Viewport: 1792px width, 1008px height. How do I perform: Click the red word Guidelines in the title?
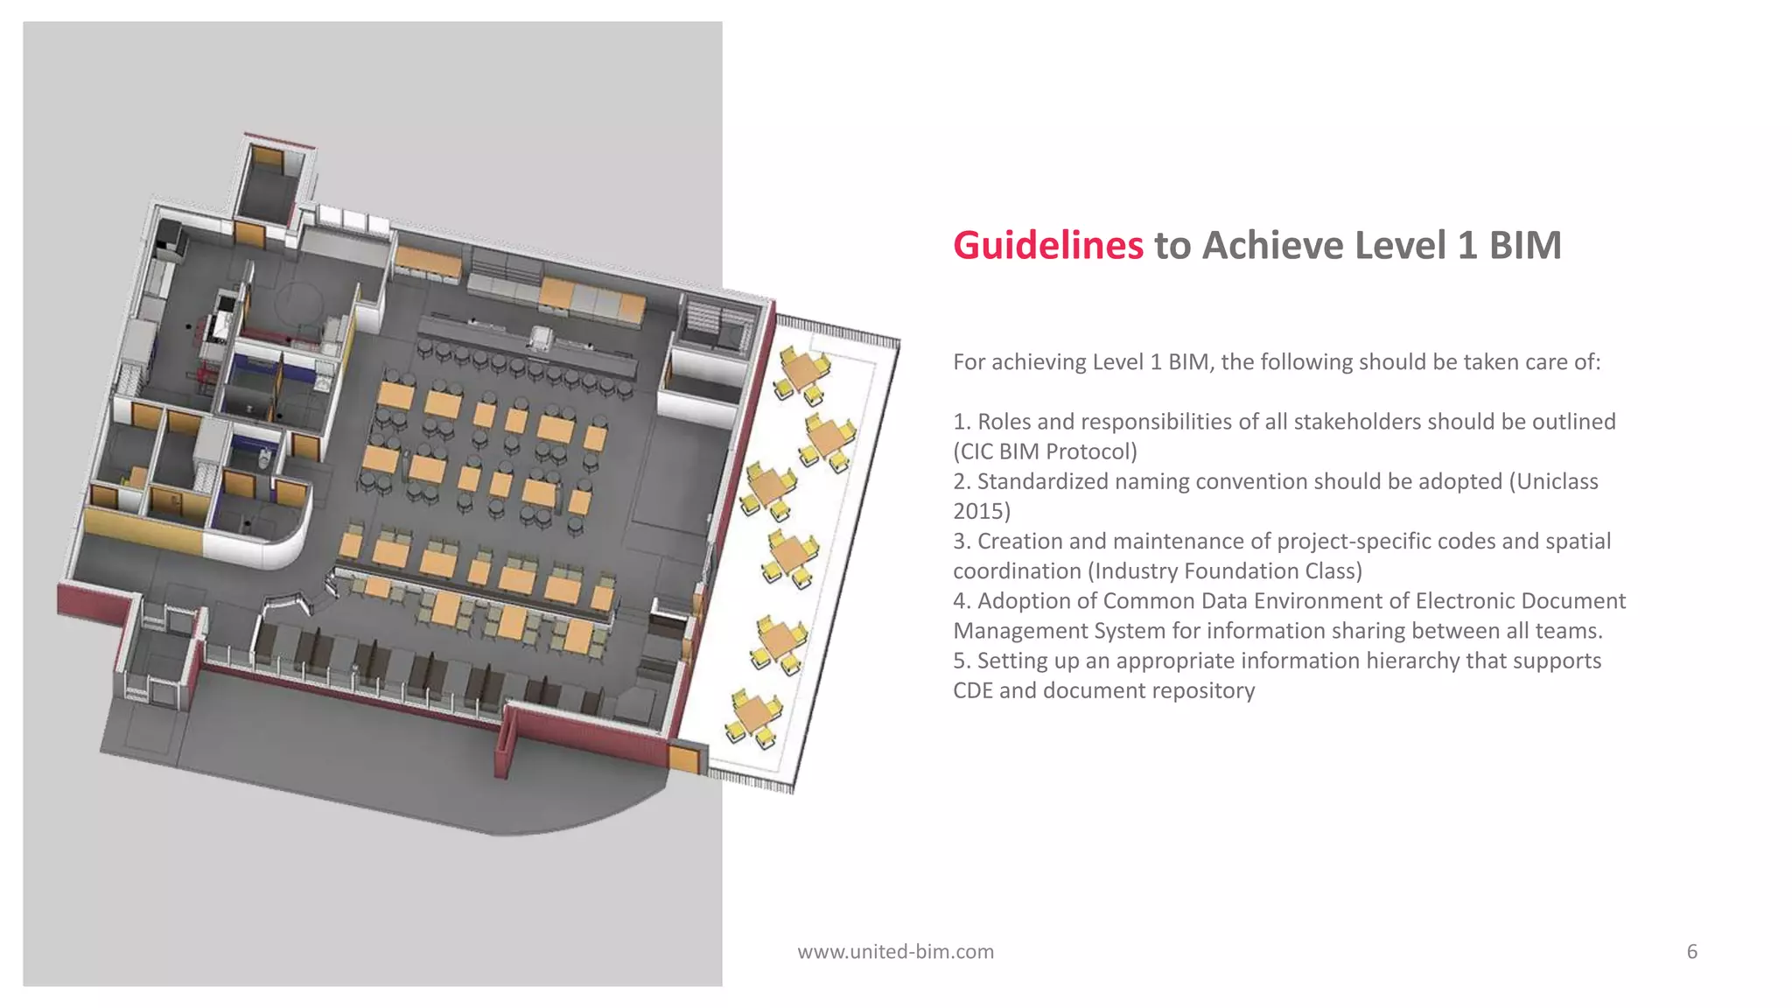tap(1047, 246)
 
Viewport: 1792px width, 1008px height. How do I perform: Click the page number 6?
tap(1691, 951)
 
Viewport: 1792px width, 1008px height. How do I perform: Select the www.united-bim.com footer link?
tap(895, 951)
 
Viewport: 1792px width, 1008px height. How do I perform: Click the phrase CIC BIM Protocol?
tap(1046, 451)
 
